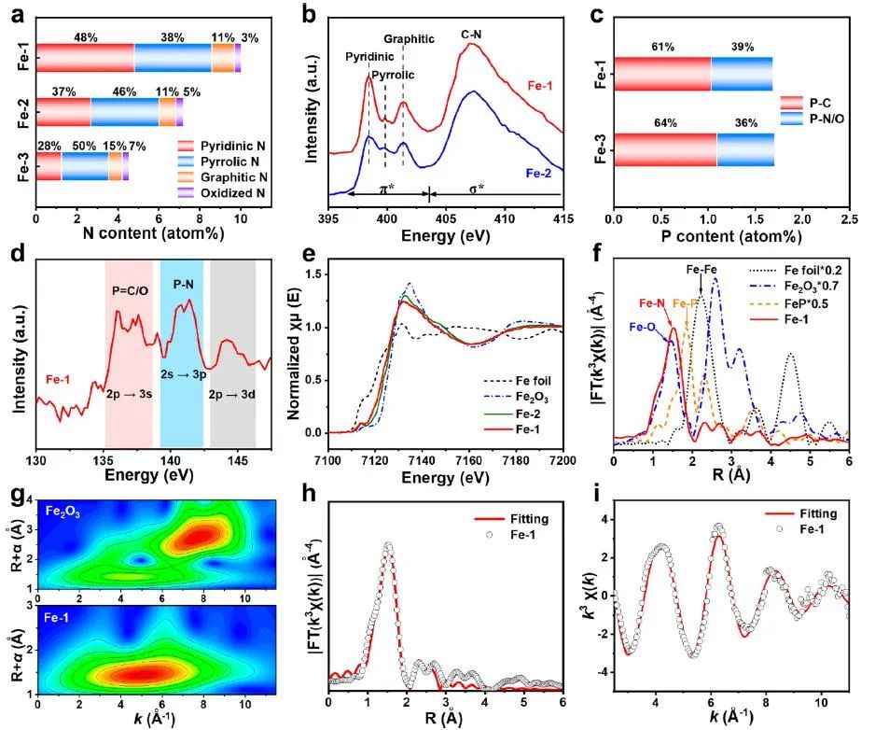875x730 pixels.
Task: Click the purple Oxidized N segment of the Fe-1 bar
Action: [238, 59]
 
